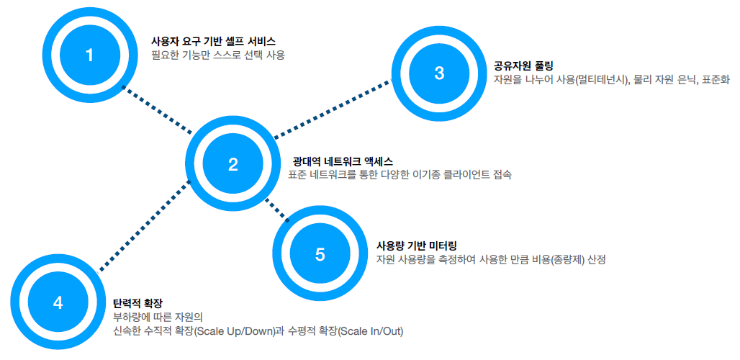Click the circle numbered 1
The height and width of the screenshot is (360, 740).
(x=89, y=55)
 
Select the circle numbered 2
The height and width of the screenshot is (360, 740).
(x=233, y=164)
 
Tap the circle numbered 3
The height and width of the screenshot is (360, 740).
(x=440, y=73)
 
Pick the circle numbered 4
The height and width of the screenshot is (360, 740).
(x=58, y=302)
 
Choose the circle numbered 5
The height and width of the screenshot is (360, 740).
(x=320, y=254)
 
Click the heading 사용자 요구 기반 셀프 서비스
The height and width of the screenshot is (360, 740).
(x=213, y=41)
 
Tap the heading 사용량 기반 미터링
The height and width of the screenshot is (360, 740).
(x=418, y=245)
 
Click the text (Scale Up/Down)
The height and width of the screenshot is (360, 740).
(x=235, y=331)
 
